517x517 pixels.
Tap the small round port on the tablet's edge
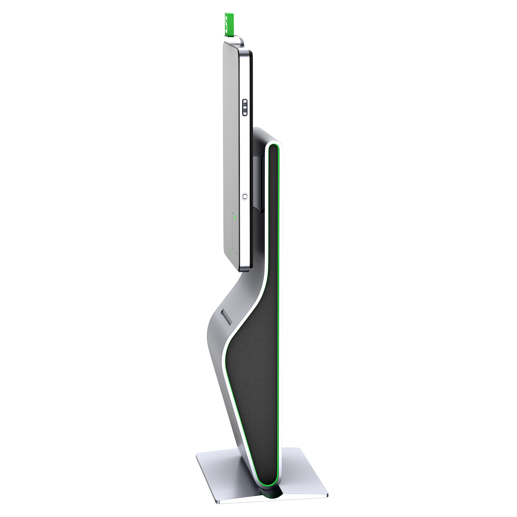[x=244, y=197]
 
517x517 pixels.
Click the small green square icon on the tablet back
[x=234, y=216]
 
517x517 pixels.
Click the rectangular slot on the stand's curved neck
[x=225, y=317]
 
